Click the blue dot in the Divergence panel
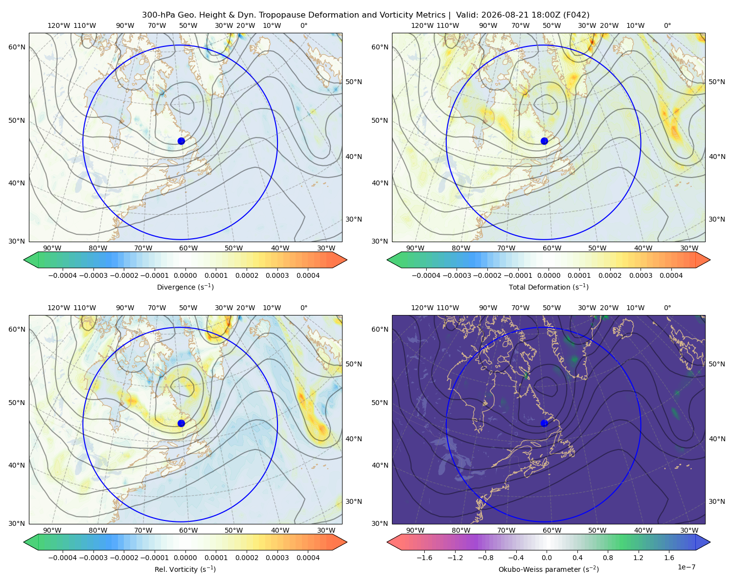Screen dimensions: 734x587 181,141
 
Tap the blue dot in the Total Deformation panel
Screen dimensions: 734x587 544,141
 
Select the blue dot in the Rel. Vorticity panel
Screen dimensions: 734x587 181,423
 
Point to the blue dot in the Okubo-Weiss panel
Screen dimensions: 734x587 544,423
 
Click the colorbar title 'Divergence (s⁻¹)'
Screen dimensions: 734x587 185,287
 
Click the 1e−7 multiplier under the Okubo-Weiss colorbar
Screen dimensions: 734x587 686,567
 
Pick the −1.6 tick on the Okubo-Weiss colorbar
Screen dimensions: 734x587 424,557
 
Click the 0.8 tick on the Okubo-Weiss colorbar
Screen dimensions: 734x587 608,557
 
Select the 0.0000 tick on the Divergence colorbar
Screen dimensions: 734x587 185,275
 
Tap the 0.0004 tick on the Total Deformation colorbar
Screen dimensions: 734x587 671,275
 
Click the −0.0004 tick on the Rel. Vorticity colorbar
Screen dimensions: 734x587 63,557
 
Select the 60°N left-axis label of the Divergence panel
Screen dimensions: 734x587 17,47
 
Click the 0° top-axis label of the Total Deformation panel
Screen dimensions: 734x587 667,25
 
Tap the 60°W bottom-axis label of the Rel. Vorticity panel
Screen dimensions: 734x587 188,530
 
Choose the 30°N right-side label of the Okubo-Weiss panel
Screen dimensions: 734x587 716,501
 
